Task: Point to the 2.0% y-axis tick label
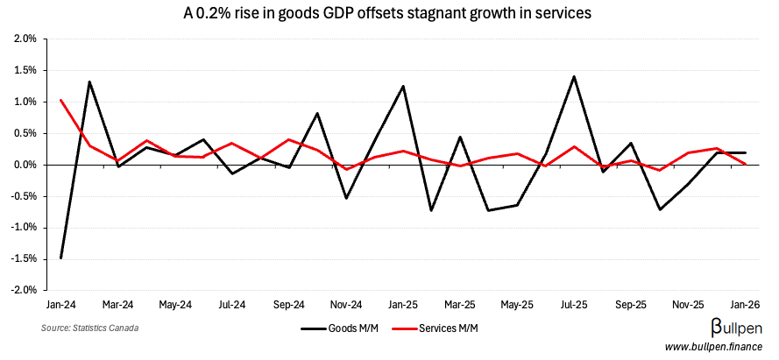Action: (24, 39)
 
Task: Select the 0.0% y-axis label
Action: (24, 165)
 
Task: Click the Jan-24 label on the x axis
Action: (60, 305)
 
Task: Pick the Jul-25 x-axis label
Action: (574, 305)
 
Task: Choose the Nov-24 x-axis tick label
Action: (346, 305)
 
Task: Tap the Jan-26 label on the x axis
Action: (745, 305)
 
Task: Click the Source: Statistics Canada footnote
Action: (89, 328)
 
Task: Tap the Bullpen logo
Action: (735, 328)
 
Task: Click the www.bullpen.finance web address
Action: (712, 348)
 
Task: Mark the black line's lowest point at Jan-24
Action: (60, 258)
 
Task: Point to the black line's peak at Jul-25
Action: (574, 76)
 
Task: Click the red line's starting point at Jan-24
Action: (60, 100)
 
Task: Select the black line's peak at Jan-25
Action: (403, 86)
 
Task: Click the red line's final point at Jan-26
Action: (745, 164)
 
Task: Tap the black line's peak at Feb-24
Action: (89, 81)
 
